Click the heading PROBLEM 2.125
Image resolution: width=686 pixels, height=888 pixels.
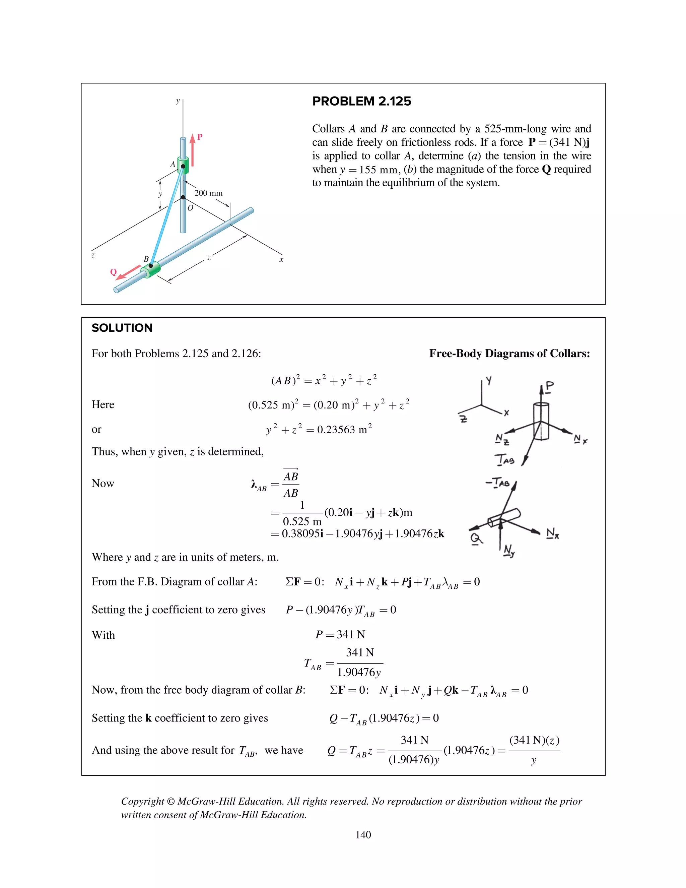361,101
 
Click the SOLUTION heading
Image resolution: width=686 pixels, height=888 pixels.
122,328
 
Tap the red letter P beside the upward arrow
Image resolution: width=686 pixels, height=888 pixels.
200,137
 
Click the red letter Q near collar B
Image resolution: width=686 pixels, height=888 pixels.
114,272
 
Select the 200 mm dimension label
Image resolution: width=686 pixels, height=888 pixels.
208,193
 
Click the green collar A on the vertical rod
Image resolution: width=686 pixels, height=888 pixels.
183,165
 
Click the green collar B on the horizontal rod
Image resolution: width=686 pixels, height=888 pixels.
150,269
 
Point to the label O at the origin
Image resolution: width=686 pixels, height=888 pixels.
190,208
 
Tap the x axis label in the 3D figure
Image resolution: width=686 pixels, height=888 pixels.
281,259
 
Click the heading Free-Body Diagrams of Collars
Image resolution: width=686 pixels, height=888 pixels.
509,353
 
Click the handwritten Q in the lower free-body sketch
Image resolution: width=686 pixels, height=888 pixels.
476,539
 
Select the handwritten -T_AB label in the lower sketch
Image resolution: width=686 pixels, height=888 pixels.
497,483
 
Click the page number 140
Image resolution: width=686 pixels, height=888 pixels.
363,835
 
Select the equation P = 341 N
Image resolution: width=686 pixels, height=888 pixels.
340,634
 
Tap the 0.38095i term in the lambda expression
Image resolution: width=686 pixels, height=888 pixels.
302,533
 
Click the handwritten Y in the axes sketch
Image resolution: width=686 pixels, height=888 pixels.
489,381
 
